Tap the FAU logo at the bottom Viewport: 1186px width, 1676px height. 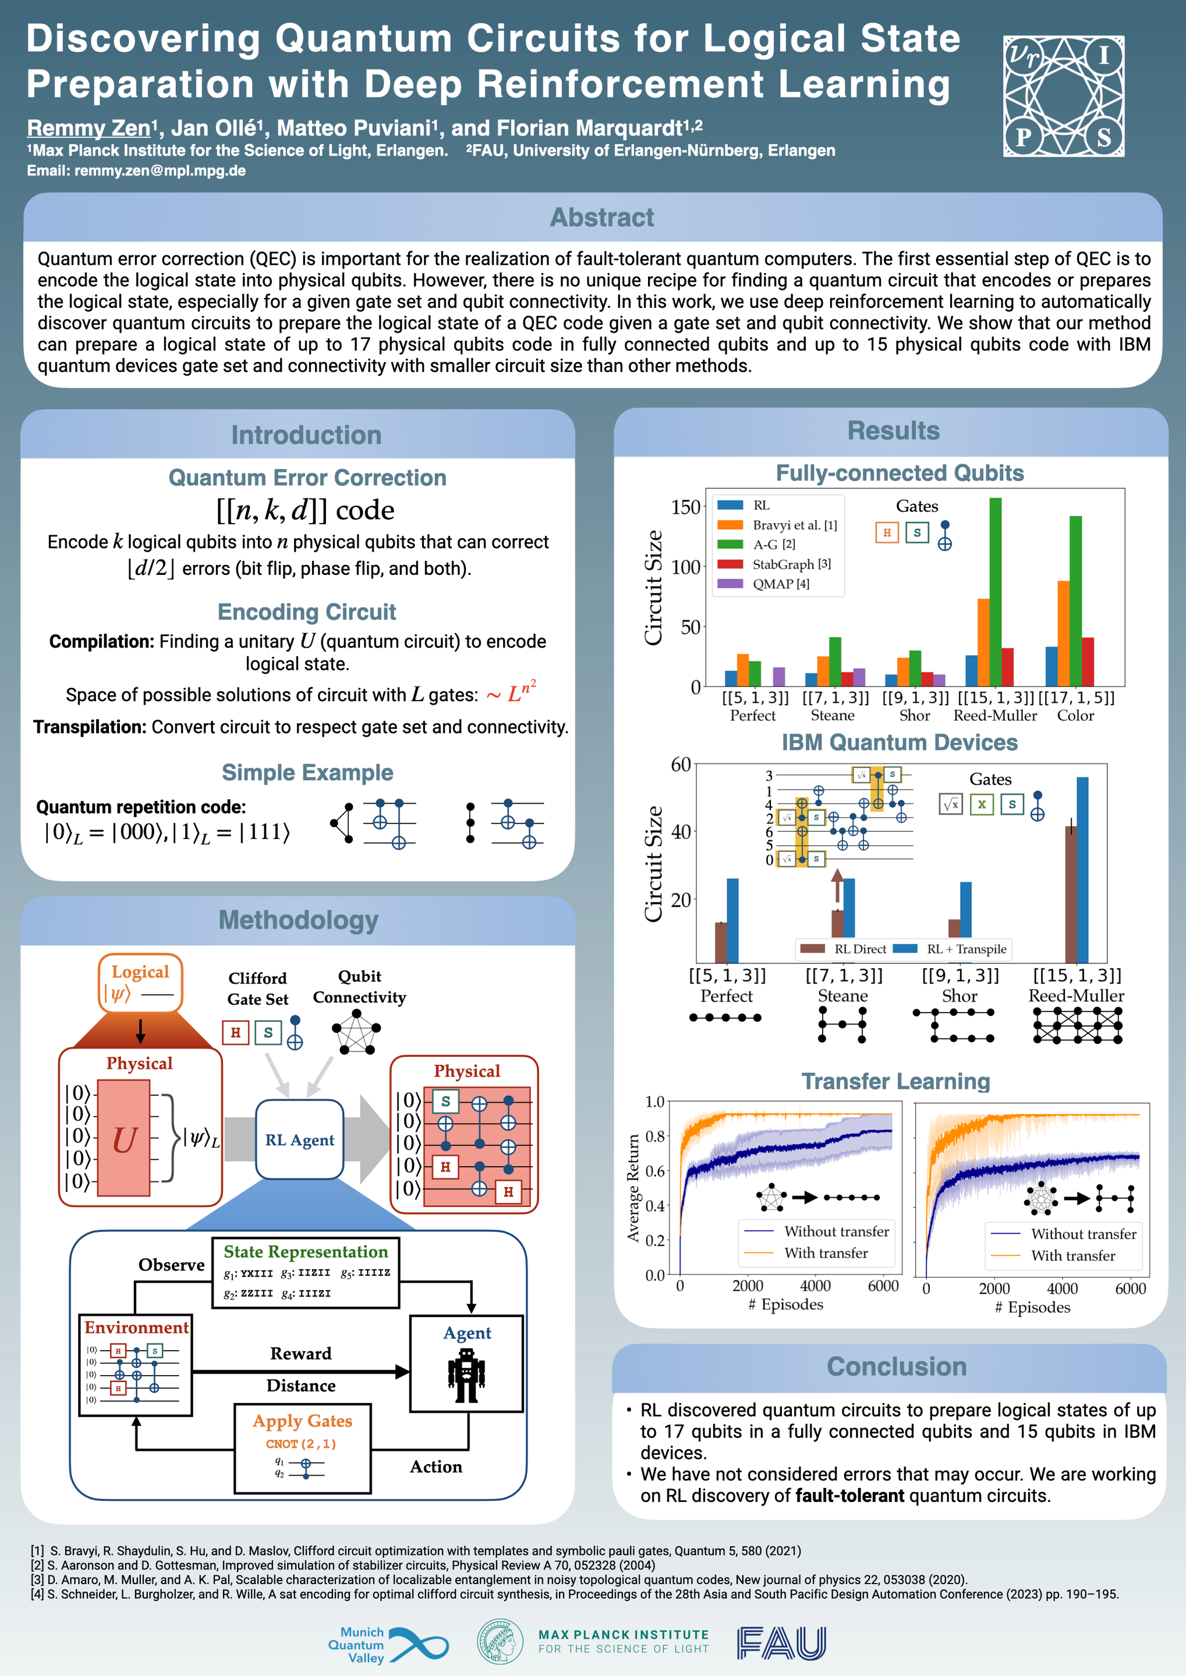pyautogui.click(x=781, y=1643)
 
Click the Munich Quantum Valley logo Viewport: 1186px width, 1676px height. pyautogui.click(x=388, y=1645)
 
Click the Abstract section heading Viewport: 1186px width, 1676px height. pyautogui.click(x=602, y=218)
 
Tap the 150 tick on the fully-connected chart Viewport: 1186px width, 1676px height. pyautogui.click(x=686, y=507)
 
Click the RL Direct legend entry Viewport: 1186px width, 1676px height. pyautogui.click(x=859, y=949)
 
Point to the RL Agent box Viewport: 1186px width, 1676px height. pyautogui.click(x=299, y=1139)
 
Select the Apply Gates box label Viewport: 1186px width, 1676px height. pyautogui.click(x=302, y=1421)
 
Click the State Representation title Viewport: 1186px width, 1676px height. pyautogui.click(x=305, y=1252)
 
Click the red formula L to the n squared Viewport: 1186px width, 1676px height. pyautogui.click(x=521, y=692)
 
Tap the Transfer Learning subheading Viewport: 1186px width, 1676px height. pyautogui.click(x=895, y=1081)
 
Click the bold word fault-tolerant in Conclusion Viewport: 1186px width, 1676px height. pyautogui.click(x=849, y=1496)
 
